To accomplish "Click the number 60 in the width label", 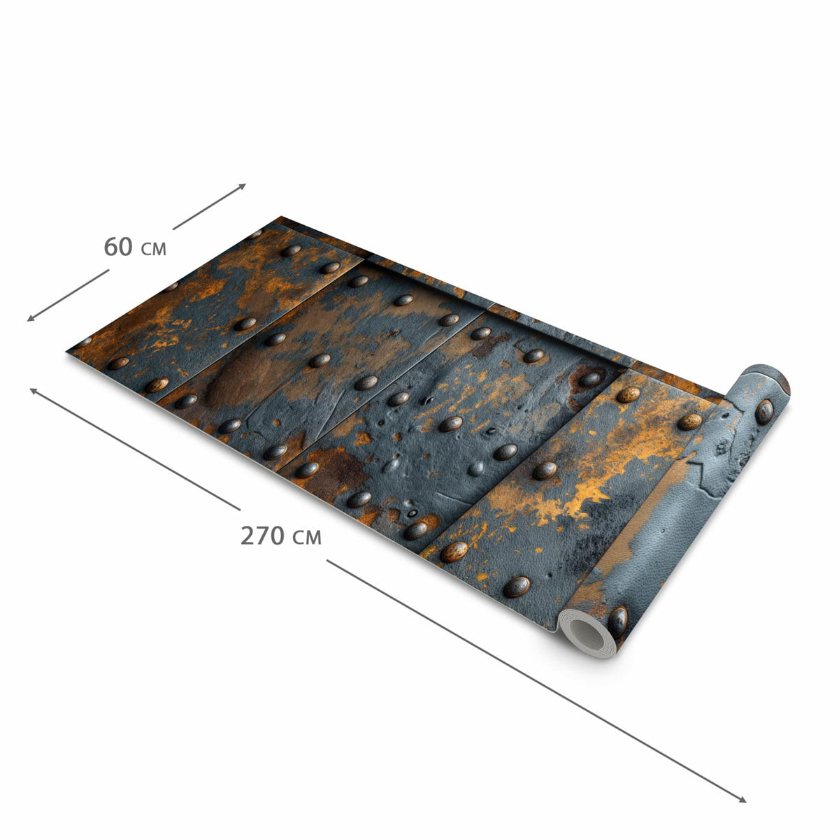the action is point(118,248).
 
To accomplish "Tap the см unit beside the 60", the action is point(154,250).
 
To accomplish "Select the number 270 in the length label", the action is point(263,536).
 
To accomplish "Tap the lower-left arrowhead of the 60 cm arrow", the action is point(31,319).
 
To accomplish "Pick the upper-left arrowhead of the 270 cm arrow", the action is point(33,391).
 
